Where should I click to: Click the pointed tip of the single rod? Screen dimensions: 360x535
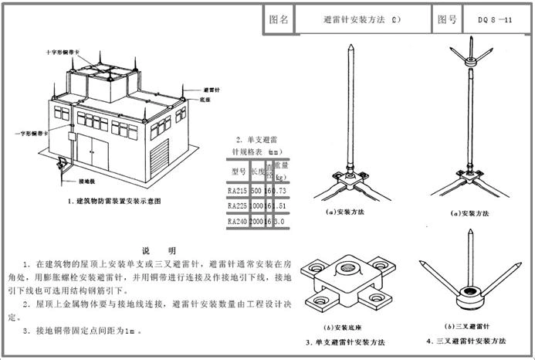pos(348,47)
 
